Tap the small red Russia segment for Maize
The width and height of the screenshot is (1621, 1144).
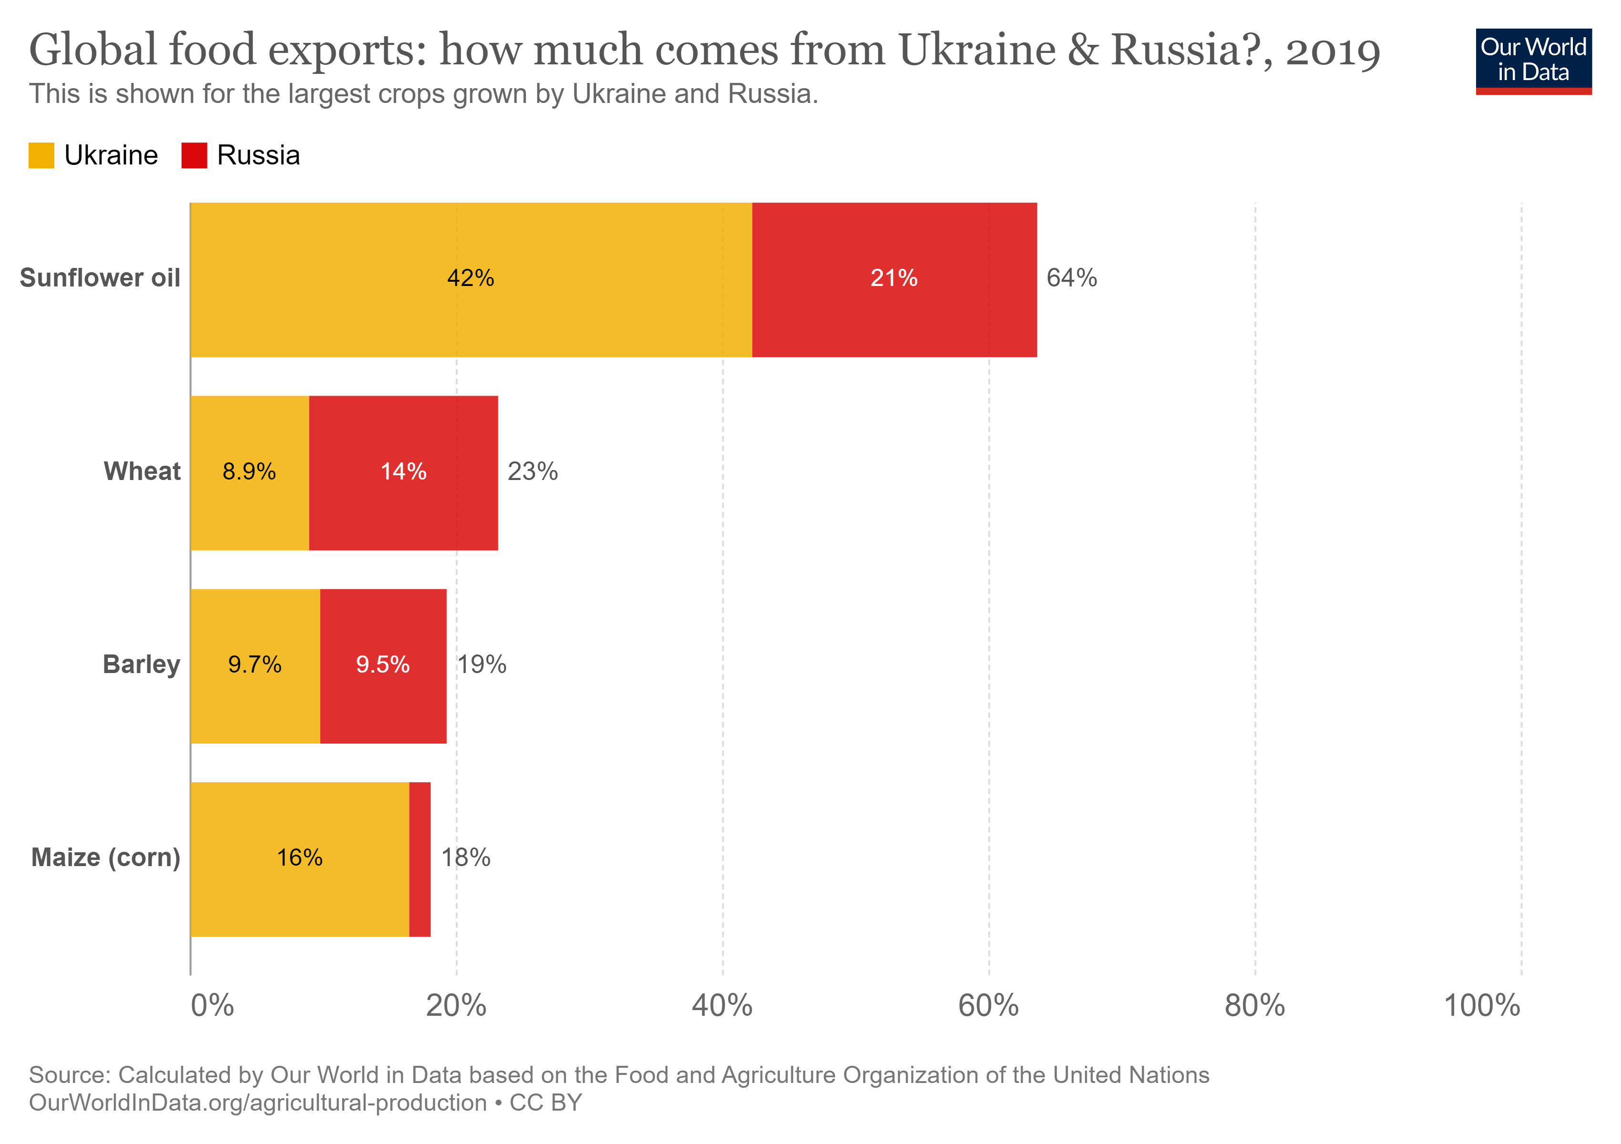coord(420,859)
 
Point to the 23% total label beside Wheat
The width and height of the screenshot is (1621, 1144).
coord(533,471)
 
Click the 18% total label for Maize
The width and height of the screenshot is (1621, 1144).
coord(465,858)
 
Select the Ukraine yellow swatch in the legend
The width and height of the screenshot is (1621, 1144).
coord(41,155)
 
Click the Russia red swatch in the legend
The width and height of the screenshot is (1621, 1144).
coord(194,155)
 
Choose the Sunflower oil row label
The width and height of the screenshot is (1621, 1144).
coord(100,278)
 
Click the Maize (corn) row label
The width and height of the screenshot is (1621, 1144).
coord(106,858)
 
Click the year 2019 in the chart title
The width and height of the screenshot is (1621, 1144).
coord(1332,51)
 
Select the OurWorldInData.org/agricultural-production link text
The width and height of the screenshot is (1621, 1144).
coord(258,1103)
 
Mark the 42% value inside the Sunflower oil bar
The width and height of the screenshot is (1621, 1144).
coord(470,278)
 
